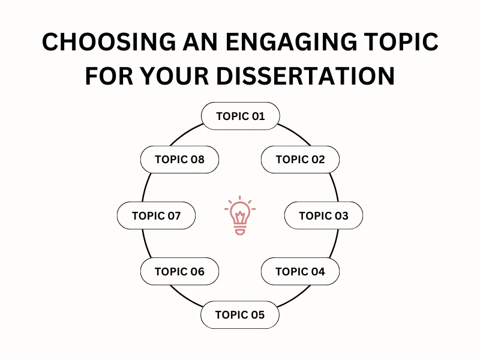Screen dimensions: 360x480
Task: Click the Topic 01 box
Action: (240, 116)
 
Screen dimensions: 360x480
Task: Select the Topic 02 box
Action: (300, 160)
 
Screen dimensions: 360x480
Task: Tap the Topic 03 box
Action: (323, 215)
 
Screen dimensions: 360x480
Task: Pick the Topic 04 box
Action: (300, 272)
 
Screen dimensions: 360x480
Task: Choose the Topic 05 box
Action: (239, 315)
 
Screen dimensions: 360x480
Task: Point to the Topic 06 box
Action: (179, 272)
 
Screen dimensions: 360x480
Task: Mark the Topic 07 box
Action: (156, 215)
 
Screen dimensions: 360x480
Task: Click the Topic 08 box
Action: (179, 160)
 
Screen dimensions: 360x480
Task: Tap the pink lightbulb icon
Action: (240, 215)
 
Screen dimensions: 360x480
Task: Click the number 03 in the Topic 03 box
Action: (340, 215)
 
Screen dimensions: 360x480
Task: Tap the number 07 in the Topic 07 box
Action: (173, 215)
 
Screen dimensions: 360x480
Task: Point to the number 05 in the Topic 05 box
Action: (256, 315)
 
